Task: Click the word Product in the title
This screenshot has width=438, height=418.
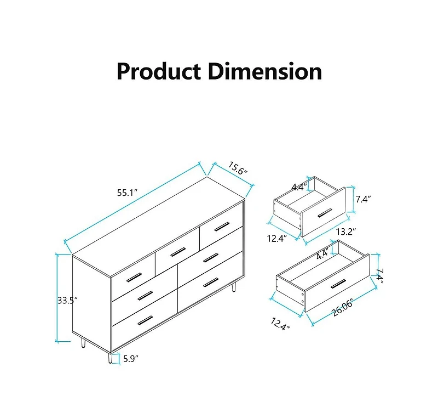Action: click(x=157, y=72)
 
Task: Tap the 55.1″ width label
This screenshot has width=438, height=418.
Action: click(x=126, y=193)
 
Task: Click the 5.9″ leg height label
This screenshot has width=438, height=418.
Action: click(x=130, y=359)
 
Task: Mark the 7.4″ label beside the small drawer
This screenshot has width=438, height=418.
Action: click(x=363, y=200)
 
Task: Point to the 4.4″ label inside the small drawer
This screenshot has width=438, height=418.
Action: click(x=298, y=187)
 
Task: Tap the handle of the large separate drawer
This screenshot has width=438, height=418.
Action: click(x=338, y=283)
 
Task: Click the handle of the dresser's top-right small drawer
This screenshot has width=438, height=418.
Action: click(x=222, y=226)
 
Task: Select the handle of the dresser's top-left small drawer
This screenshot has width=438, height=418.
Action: click(x=134, y=277)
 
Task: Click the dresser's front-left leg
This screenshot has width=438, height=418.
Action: click(x=110, y=357)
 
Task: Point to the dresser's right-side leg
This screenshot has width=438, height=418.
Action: click(x=234, y=287)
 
